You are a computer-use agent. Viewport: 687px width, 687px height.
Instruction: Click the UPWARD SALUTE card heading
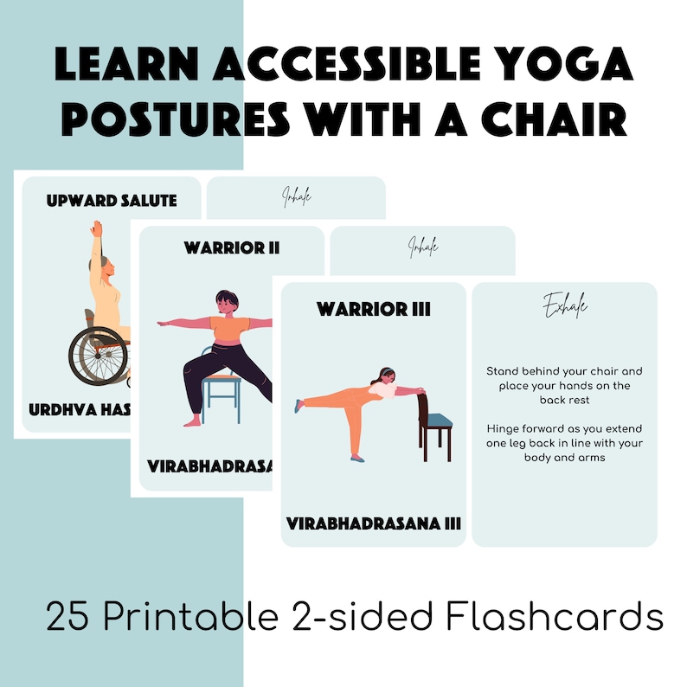click(112, 201)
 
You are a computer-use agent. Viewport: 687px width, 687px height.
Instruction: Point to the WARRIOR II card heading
click(231, 248)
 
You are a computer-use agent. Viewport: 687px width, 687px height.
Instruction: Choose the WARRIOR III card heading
click(373, 309)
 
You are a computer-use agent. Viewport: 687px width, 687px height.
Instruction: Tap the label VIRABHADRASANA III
click(374, 523)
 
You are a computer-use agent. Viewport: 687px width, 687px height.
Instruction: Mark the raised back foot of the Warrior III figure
click(299, 404)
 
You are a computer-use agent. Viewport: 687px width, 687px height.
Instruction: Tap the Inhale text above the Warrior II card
click(423, 249)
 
